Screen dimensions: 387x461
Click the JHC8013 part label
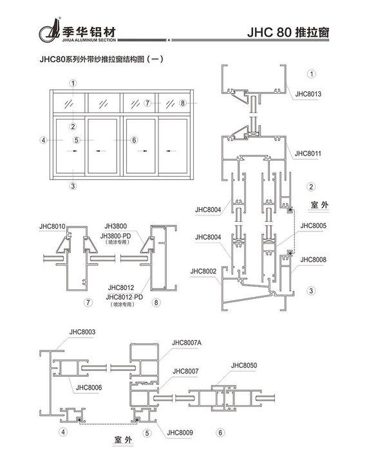tap(308, 94)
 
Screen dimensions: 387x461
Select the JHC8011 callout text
tap(308, 154)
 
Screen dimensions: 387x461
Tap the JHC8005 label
tap(314, 226)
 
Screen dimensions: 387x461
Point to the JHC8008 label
tap(314, 260)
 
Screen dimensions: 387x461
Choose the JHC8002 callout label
tap(203, 271)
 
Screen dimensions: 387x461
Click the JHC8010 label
tap(52, 227)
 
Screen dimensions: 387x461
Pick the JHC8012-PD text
tap(124, 297)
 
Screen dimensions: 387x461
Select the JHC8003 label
tap(82, 332)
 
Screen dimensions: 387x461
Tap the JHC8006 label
tap(89, 388)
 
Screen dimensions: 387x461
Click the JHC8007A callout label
tap(187, 343)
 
